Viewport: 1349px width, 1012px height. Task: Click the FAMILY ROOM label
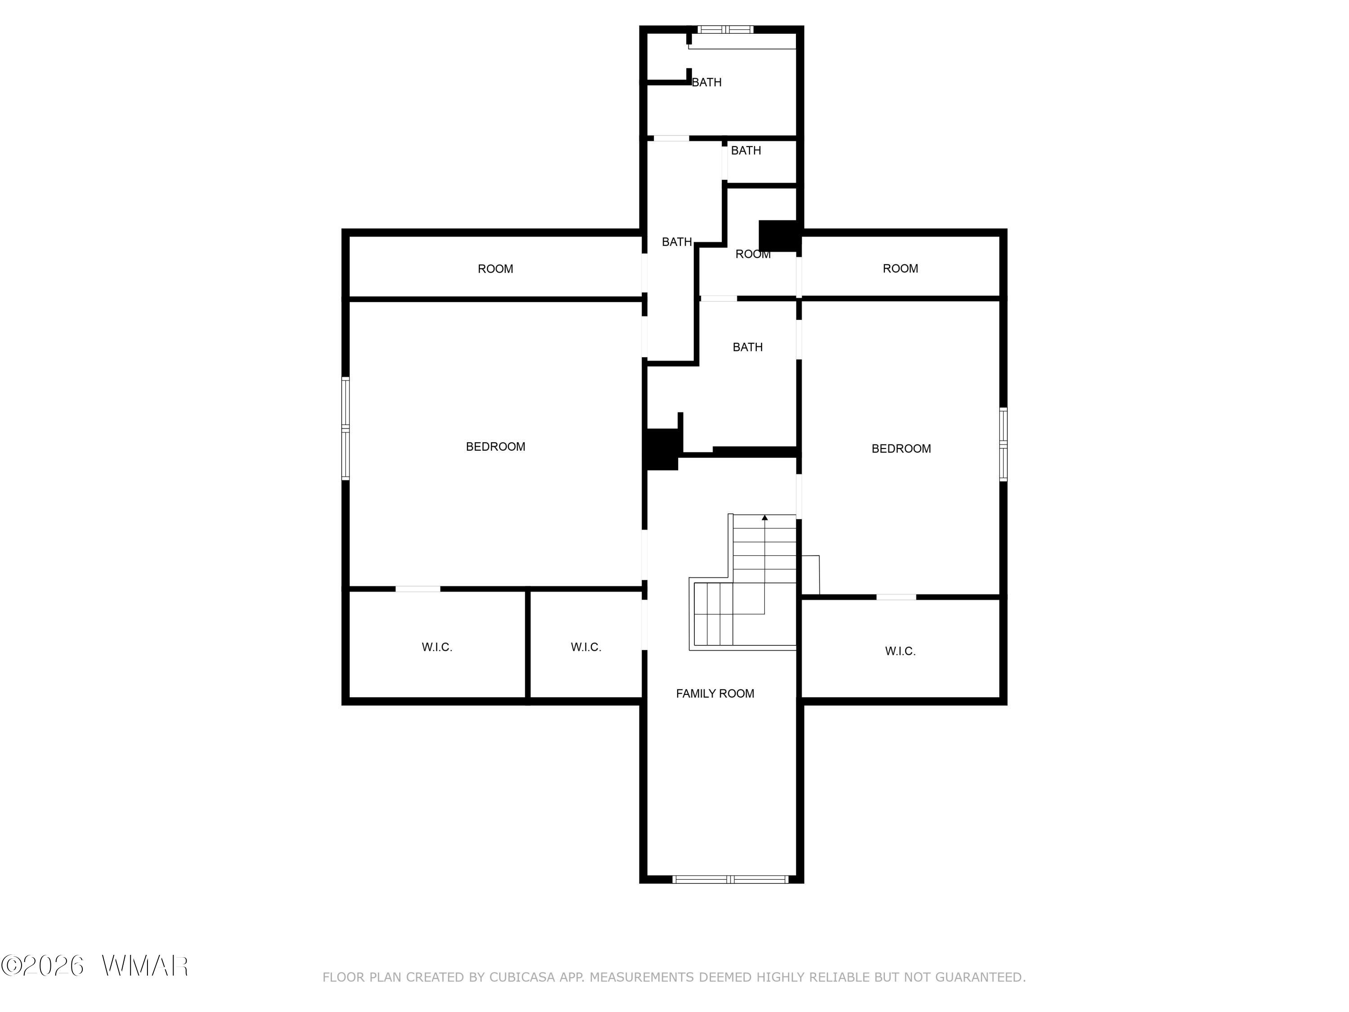tap(715, 694)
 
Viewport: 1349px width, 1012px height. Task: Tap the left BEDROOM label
tap(495, 447)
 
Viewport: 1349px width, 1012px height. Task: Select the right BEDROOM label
tap(901, 449)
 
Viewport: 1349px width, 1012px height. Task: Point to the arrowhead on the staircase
tap(765, 518)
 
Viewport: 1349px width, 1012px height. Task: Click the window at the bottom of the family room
tap(731, 879)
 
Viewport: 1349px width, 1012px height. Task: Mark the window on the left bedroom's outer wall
tap(345, 428)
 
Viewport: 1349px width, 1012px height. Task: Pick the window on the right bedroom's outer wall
tap(1003, 444)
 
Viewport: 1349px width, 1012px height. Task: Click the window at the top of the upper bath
tap(726, 29)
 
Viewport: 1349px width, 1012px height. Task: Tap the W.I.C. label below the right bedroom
tap(900, 651)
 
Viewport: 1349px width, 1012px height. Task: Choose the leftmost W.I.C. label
tap(437, 647)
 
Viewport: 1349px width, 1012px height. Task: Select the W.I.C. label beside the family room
tap(585, 647)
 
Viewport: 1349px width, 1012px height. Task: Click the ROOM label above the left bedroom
tap(495, 269)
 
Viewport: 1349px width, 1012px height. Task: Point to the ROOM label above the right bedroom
tap(900, 269)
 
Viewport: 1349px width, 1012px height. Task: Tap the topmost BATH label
tap(707, 82)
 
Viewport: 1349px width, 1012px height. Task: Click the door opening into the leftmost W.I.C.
tap(418, 589)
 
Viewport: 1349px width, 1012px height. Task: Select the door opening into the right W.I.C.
tap(896, 596)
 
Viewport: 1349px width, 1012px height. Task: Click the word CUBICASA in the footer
tap(522, 977)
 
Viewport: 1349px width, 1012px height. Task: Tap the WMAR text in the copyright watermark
tap(145, 966)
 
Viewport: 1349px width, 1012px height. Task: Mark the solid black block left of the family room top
tap(662, 449)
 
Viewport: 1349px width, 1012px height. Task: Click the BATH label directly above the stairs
tap(748, 347)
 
